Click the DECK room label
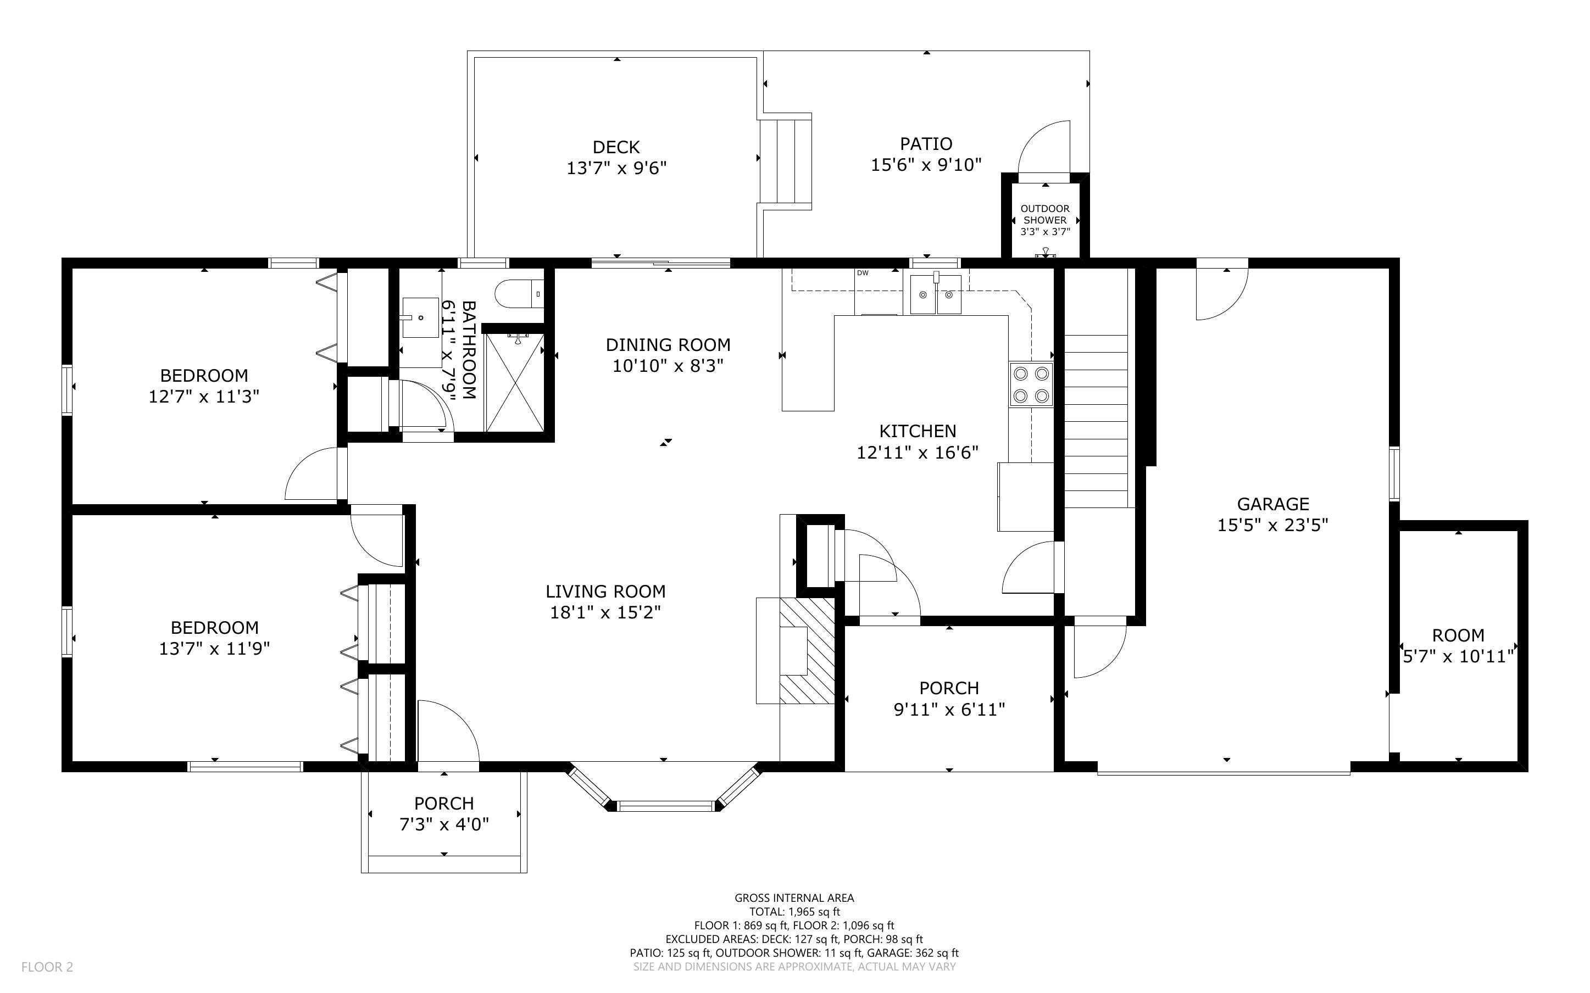[x=615, y=147]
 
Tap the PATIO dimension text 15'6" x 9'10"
[x=925, y=165]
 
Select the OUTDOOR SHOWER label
[x=1044, y=214]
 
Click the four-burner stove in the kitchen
[x=1031, y=385]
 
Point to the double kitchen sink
[x=935, y=295]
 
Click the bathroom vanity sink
[x=420, y=317]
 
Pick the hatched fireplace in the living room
[x=807, y=650]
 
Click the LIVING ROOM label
[x=605, y=591]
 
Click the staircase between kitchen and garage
[x=1096, y=420]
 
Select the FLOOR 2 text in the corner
[x=47, y=967]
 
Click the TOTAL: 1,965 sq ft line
[x=794, y=912]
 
